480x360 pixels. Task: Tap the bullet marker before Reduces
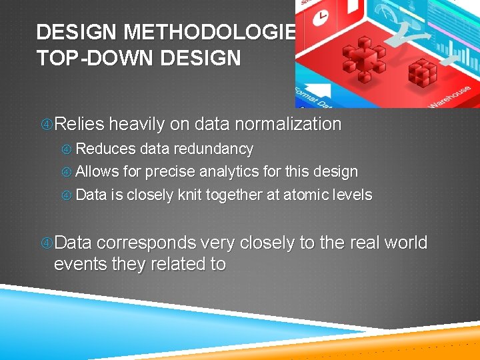[67, 149]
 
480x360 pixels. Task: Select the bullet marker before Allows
[67, 173]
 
